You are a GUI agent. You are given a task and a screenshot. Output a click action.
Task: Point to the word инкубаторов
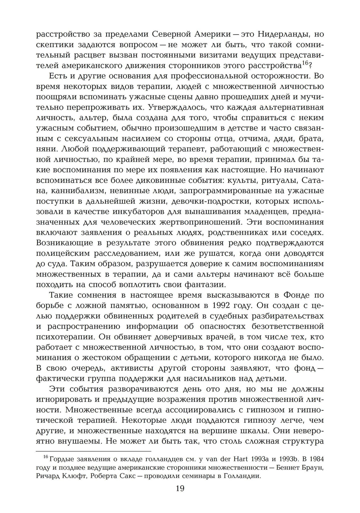[x=144, y=212]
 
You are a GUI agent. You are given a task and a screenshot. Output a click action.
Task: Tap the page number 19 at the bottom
[x=180, y=489]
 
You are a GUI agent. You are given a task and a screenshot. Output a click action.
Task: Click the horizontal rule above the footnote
[x=94, y=451]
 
